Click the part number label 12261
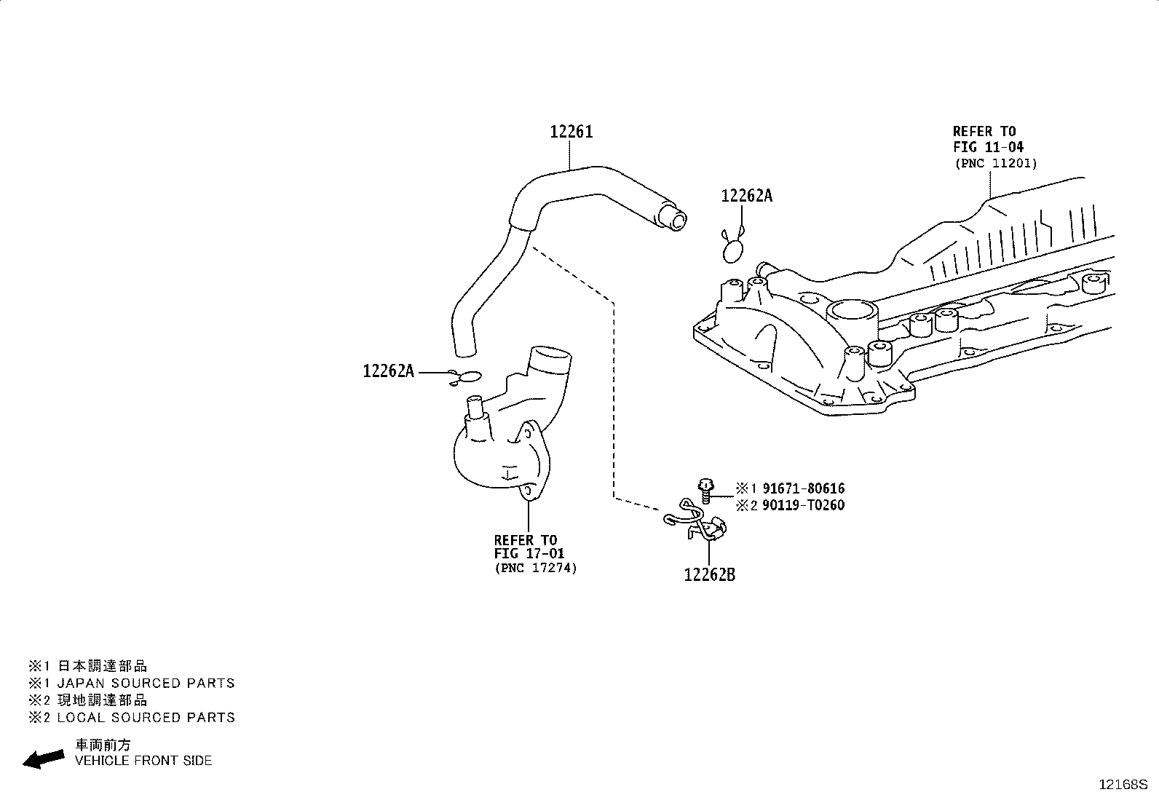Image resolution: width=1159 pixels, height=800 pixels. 571,132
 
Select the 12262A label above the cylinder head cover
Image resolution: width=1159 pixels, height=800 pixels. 747,196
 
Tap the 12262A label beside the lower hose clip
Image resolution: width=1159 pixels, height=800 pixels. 389,371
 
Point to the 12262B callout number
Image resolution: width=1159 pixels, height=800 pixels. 709,575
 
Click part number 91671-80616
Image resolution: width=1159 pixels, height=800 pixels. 804,488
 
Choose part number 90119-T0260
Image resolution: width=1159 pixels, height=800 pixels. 804,505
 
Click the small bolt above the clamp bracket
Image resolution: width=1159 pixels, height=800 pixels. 705,491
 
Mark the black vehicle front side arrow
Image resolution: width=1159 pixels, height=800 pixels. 44,759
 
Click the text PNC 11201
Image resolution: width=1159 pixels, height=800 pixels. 996,164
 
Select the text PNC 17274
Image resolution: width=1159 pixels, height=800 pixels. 536,569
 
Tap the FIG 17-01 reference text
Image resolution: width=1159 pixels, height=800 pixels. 529,554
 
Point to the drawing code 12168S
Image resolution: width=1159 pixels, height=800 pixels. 1123,785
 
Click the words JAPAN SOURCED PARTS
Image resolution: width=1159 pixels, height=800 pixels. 146,683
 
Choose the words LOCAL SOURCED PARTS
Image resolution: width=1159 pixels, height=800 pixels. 146,717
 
